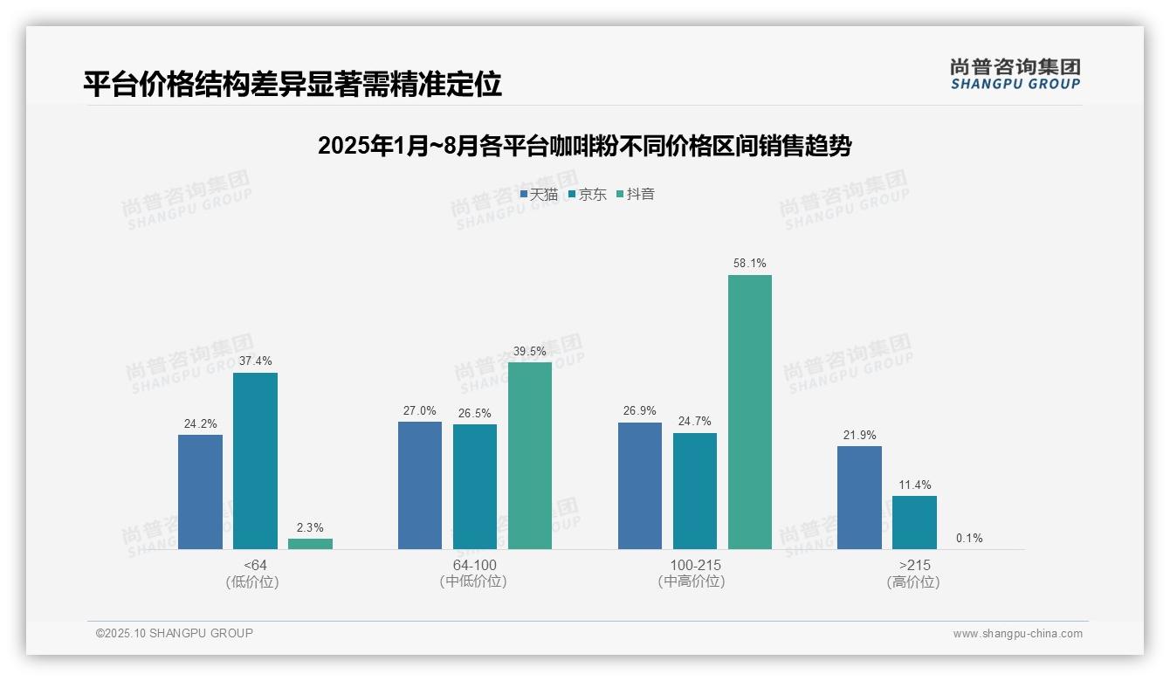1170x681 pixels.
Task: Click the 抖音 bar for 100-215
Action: (x=750, y=412)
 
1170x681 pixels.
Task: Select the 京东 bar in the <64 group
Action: (x=255, y=461)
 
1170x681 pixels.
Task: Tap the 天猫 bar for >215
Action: (x=859, y=498)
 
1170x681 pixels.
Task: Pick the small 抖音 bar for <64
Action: (x=310, y=544)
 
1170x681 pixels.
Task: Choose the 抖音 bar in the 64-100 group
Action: (x=530, y=456)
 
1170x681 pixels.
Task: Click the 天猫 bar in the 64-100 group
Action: (x=420, y=485)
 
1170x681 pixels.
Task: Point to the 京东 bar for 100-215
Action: (x=695, y=491)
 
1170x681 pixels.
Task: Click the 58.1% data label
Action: (x=750, y=263)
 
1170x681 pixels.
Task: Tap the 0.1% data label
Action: (x=969, y=538)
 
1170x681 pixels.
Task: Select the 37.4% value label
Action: (x=255, y=361)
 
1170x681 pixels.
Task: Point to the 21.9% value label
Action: (x=859, y=435)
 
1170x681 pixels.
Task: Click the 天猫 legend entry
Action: (x=539, y=195)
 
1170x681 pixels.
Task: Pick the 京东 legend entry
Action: (x=588, y=195)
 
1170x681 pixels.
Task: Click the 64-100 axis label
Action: (x=474, y=565)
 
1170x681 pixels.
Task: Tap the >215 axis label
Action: (x=914, y=565)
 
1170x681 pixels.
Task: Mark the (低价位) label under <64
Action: (x=252, y=581)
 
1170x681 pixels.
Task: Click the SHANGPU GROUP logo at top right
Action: (x=1015, y=74)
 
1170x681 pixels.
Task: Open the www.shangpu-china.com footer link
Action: (x=1017, y=634)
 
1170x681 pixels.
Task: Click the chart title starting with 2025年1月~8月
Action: (x=584, y=146)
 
